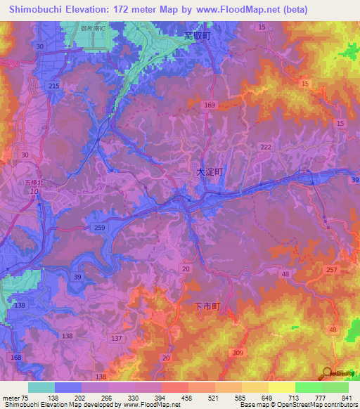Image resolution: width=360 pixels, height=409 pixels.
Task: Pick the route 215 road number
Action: pyautogui.click(x=54, y=85)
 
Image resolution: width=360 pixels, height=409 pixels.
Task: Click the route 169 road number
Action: pyautogui.click(x=209, y=105)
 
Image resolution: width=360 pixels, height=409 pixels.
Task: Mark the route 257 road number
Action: pyautogui.click(x=332, y=270)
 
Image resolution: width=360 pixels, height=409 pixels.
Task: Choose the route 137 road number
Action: pyautogui.click(x=116, y=338)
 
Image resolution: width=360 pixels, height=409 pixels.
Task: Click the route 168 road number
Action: pyautogui.click(x=16, y=359)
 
